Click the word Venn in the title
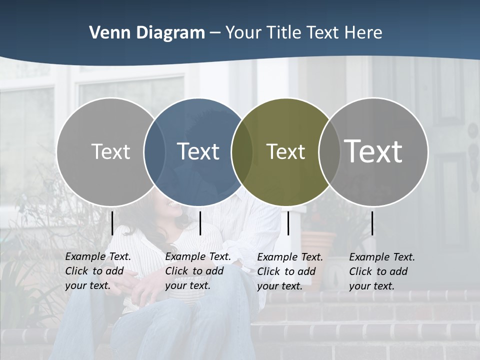105,33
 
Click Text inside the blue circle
198,151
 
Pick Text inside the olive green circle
285,151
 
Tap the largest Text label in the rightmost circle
373,151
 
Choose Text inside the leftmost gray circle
110,151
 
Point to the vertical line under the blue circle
200,223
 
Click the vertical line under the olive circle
288,223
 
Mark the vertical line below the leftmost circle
112,223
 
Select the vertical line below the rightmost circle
372,223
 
